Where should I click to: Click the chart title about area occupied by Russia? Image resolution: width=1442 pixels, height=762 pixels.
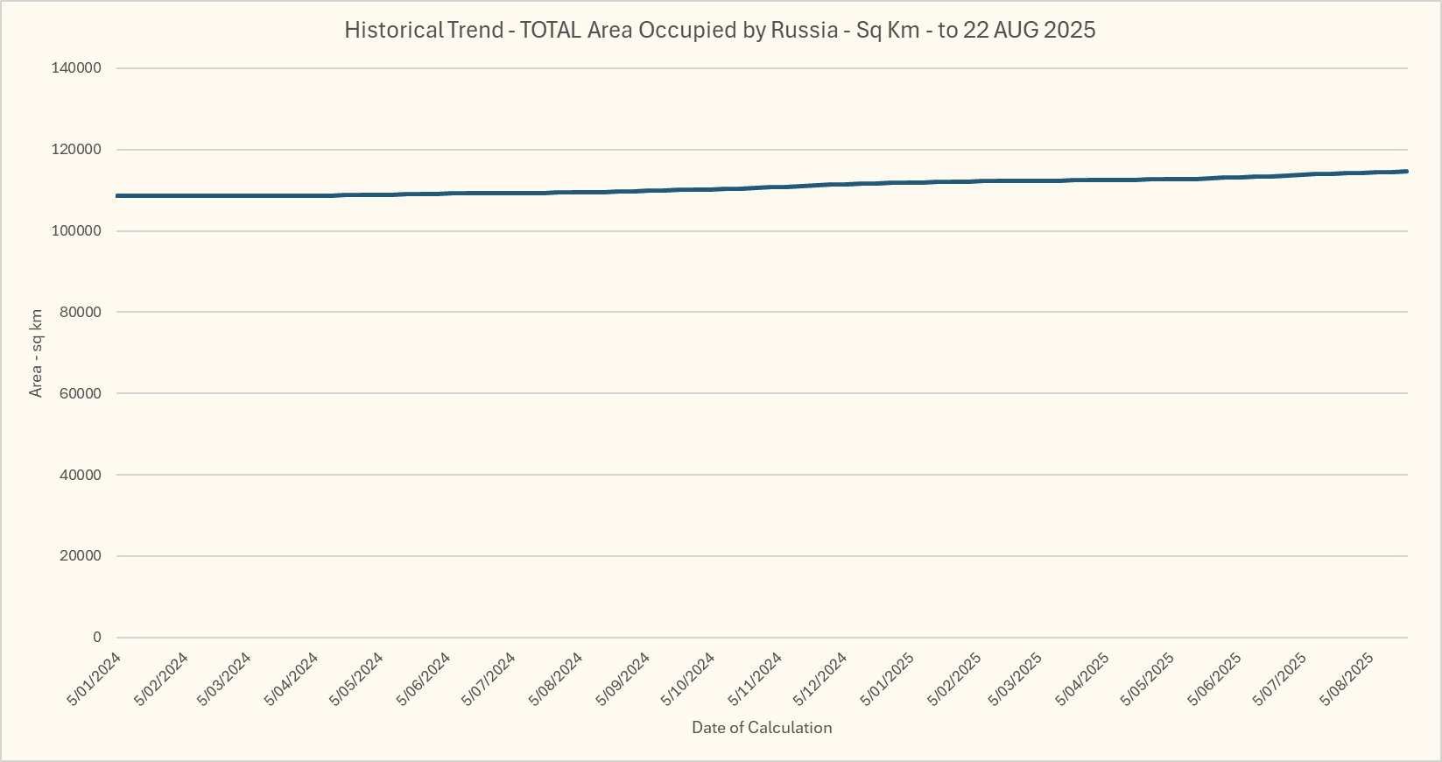pyautogui.click(x=720, y=30)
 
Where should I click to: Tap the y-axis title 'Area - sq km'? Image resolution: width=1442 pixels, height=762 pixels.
pyautogui.click(x=36, y=353)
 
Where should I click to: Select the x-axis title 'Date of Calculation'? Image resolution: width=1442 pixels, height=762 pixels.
pyautogui.click(x=762, y=728)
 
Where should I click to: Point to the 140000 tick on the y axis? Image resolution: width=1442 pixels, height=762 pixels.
pyautogui.click(x=78, y=68)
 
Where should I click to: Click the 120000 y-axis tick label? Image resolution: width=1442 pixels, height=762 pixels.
pyautogui.click(x=78, y=150)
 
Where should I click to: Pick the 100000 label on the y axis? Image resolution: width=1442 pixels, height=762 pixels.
pyautogui.click(x=78, y=231)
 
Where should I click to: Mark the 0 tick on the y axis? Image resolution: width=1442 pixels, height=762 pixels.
pyautogui.click(x=97, y=638)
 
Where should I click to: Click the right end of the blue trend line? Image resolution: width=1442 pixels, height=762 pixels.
pyautogui.click(x=1406, y=172)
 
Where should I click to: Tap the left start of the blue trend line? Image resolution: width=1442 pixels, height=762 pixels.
pyautogui.click(x=117, y=195)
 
